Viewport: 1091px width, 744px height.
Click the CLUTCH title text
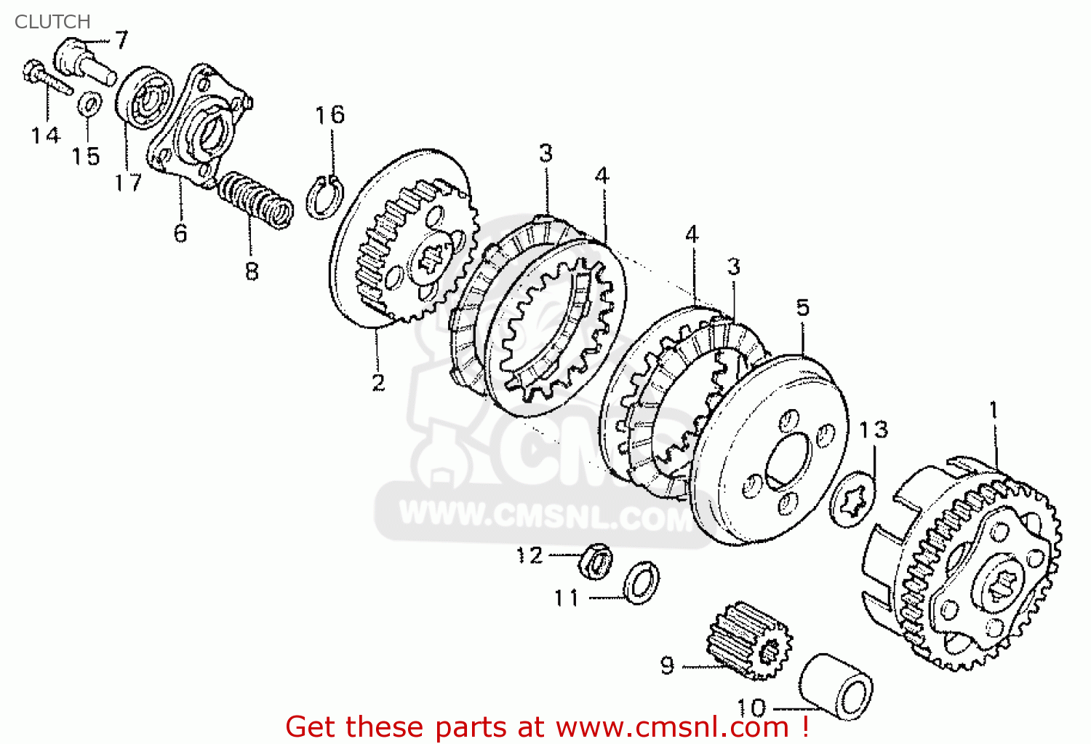[x=52, y=21]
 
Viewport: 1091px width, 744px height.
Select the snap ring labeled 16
[x=325, y=197]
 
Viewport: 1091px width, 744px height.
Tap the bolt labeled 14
[x=47, y=77]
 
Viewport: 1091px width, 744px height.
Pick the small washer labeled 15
[x=90, y=104]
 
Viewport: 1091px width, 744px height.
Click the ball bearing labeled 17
[x=144, y=98]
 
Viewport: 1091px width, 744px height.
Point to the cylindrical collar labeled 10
[x=835, y=687]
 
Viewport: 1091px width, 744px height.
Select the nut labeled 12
[x=595, y=562]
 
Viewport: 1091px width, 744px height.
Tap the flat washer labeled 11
[x=642, y=583]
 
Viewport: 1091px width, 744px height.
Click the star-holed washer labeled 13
[x=852, y=499]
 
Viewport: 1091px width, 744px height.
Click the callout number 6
[x=180, y=234]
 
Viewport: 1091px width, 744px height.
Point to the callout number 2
[x=378, y=383]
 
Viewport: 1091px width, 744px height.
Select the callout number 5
[x=803, y=308]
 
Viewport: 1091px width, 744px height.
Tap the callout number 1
[x=994, y=410]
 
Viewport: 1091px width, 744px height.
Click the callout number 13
[x=874, y=430]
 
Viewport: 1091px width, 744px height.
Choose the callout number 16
[x=329, y=115]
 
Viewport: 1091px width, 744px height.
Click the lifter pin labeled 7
[x=84, y=62]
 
